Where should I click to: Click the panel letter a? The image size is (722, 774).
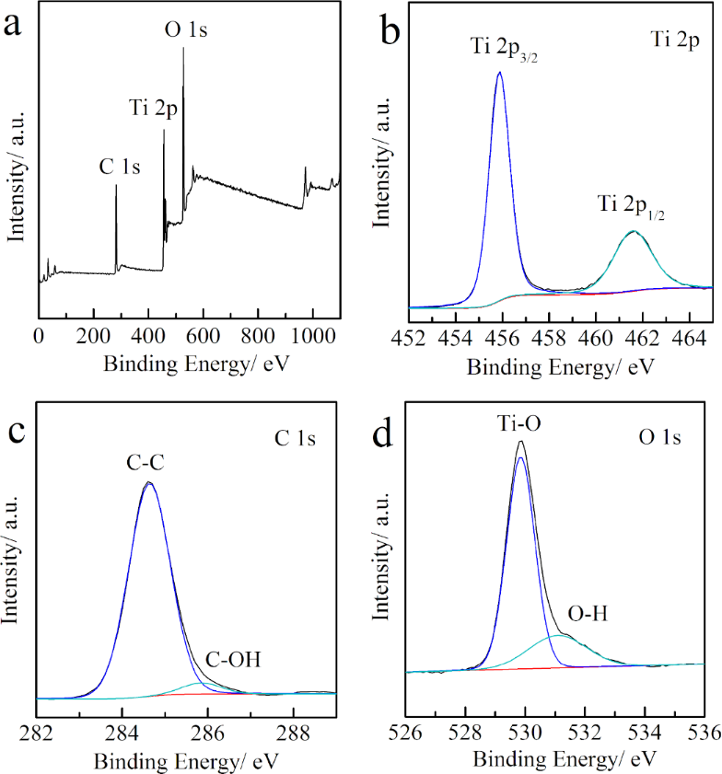(x=14, y=25)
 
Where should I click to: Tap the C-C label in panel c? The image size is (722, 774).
(x=148, y=457)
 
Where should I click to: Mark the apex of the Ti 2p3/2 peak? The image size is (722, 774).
(x=499, y=72)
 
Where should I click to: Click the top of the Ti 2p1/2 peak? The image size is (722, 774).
(x=633, y=231)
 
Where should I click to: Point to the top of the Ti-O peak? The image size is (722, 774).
(x=521, y=442)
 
